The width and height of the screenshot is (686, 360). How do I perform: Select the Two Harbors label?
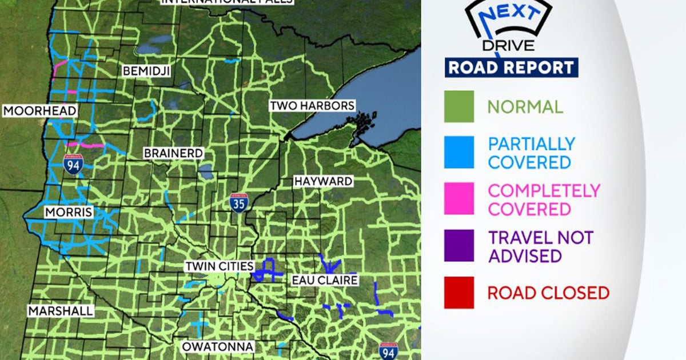312,106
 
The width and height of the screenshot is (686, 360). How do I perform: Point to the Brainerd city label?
173,153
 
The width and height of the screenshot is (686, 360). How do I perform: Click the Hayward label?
323,181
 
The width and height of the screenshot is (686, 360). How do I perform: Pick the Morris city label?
69,213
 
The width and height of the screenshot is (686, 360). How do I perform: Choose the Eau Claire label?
325,280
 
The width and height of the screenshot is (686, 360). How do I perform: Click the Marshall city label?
60,311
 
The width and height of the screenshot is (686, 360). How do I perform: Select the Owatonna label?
217,346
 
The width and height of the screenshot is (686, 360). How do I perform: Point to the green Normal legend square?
459,106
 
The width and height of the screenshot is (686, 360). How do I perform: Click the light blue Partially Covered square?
459,153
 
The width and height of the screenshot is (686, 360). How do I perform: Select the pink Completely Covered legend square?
459,199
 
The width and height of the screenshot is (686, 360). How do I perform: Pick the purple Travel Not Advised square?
459,246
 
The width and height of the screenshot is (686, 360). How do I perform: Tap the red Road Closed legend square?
459,293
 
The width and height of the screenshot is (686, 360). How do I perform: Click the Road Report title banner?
512,67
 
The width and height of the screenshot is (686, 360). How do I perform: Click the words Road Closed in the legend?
548,293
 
